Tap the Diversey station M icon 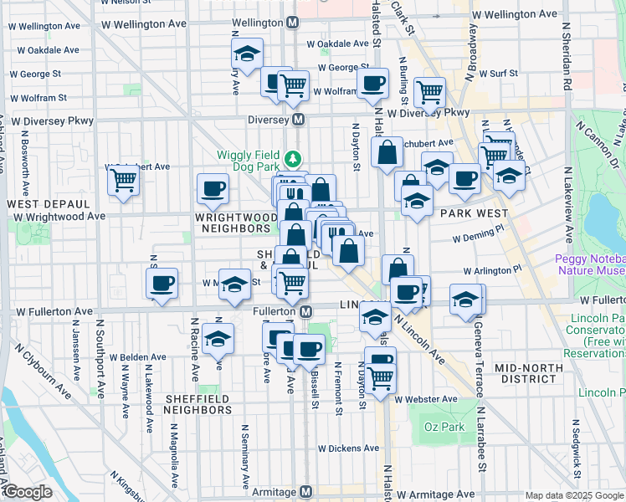pyautogui.click(x=299, y=120)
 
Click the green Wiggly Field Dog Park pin pyautogui.click(x=293, y=157)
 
